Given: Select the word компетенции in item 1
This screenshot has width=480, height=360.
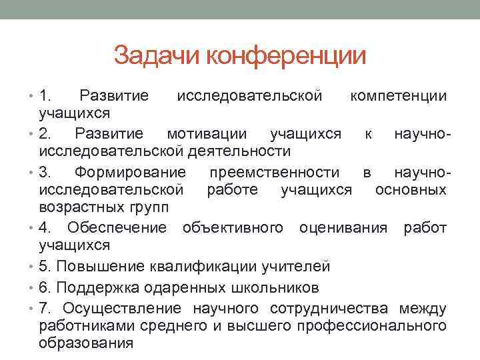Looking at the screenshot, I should point(399,96).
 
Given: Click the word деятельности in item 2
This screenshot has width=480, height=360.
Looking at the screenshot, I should point(240,151).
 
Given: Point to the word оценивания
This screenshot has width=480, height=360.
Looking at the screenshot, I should point(343,228).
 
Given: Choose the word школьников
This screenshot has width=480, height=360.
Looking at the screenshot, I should point(266,287).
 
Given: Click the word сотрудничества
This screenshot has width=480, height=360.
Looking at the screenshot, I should point(331,308).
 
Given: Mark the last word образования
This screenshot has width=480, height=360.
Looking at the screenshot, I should point(87,343).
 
